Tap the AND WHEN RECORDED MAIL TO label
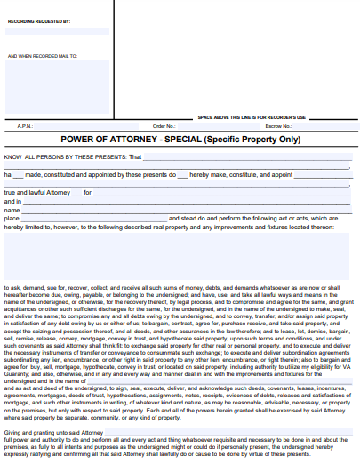coord(42,56)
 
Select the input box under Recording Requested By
coord(57,30)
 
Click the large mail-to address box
coord(57,88)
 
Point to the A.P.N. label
coord(25,126)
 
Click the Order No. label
coord(164,126)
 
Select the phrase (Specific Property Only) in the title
coord(252,140)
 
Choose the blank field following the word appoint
coord(324,175)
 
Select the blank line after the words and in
coord(188,201)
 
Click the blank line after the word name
coord(188,210)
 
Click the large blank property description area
coord(178,257)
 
